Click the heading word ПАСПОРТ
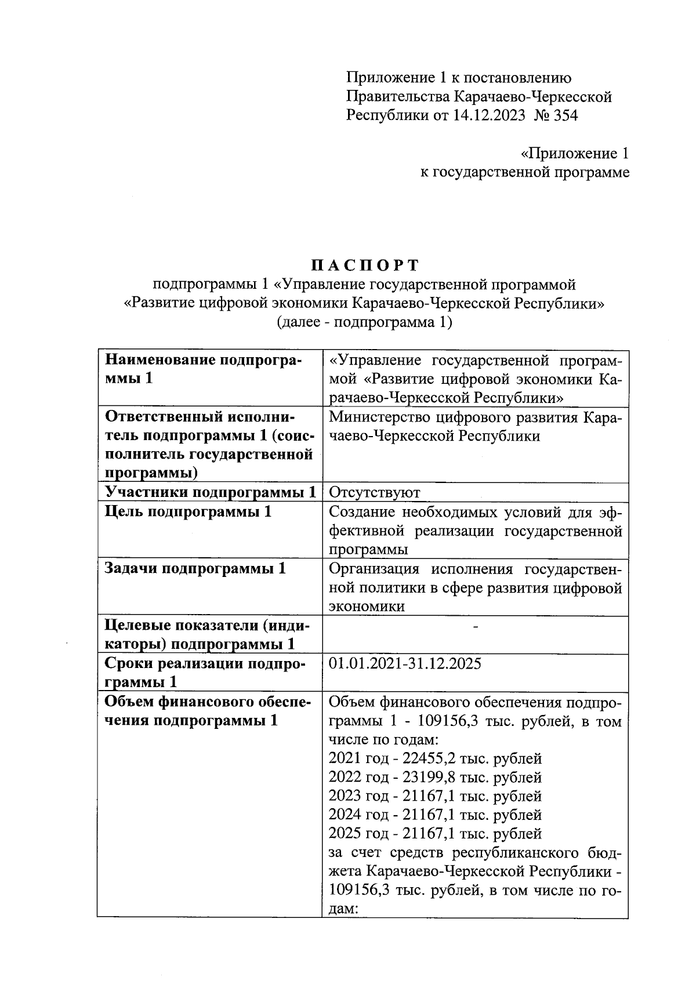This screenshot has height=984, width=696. pyautogui.click(x=364, y=266)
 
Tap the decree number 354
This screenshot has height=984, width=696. pyautogui.click(x=565, y=115)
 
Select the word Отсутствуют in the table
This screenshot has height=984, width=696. pyautogui.click(x=374, y=493)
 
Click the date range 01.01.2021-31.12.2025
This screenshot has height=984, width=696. pyautogui.click(x=405, y=663)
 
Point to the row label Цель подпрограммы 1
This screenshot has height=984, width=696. pyautogui.click(x=188, y=511)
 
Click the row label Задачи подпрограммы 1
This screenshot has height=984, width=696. pyautogui.click(x=195, y=568)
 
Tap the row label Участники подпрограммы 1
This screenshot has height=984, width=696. pyautogui.click(x=210, y=493)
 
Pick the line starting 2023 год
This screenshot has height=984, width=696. pyautogui.click(x=434, y=796)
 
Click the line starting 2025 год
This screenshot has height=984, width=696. pyautogui.click(x=434, y=834)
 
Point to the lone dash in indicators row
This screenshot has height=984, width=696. pyautogui.click(x=475, y=626)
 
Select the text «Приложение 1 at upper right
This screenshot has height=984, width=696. pyautogui.click(x=574, y=154)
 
